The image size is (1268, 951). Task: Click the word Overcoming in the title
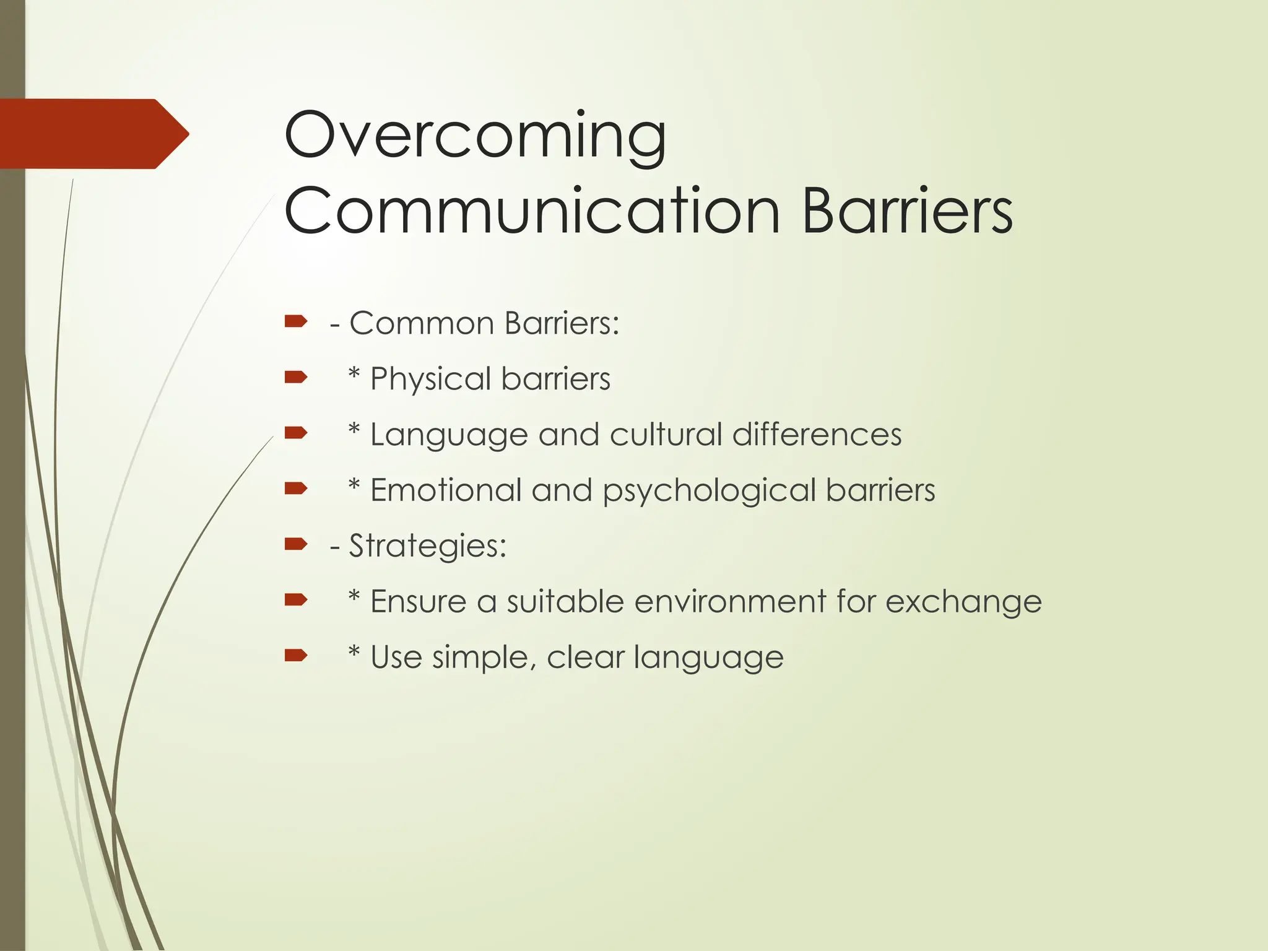[x=475, y=135]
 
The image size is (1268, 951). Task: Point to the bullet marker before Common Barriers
[x=296, y=321]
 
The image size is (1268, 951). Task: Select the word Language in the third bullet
[x=448, y=435]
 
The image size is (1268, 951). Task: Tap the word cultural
[x=666, y=434]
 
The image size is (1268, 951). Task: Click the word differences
[x=817, y=434]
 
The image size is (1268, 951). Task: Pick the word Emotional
[x=446, y=490]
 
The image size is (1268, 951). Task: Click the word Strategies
[x=427, y=546]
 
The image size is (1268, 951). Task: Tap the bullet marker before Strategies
[x=296, y=544]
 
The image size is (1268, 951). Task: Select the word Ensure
[x=418, y=601]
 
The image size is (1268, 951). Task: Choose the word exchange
[x=963, y=602]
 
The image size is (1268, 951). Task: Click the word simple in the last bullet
[x=484, y=658]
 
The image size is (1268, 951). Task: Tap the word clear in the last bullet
[x=585, y=657]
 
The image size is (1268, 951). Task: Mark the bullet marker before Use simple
[x=296, y=656]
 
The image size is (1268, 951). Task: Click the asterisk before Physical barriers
[x=354, y=375]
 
